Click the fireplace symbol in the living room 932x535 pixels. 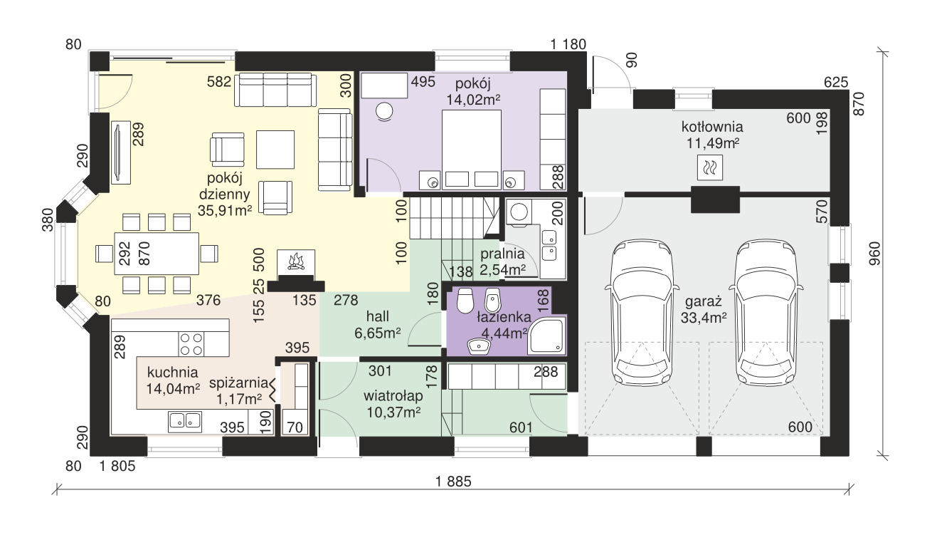tap(296, 262)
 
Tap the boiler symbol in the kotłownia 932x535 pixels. tap(710, 167)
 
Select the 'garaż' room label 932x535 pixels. tap(704, 301)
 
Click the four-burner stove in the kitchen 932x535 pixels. tap(191, 344)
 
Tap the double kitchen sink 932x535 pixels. tap(185, 422)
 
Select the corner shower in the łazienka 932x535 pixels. tap(546, 336)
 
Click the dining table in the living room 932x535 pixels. tap(157, 254)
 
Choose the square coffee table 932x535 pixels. tap(275, 150)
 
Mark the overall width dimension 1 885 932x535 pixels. tap(453, 482)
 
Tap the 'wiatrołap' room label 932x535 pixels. tap(393, 396)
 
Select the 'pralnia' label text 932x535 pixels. tap(502, 254)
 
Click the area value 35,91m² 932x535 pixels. tap(225, 211)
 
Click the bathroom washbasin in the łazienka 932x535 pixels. tap(478, 346)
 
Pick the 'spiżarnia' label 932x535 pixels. tap(238, 383)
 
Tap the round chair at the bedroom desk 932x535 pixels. tap(384, 112)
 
